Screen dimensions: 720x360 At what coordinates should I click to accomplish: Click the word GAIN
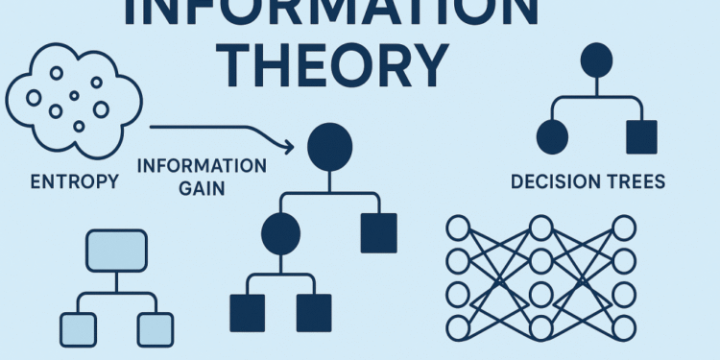(x=202, y=188)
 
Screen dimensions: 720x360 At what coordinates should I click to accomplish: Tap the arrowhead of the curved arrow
(x=287, y=146)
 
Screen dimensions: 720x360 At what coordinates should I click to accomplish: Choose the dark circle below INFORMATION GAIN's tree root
(x=280, y=234)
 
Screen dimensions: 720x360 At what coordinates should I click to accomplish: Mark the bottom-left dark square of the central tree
(x=247, y=312)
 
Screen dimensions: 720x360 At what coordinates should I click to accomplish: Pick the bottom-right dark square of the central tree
(x=313, y=312)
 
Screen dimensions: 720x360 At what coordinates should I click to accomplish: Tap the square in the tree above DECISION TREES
(x=641, y=137)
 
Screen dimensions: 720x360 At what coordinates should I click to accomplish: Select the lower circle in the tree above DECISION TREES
(x=554, y=137)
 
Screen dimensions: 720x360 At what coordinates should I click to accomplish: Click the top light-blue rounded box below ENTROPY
(x=115, y=251)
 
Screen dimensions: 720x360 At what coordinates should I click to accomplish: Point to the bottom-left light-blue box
(x=76, y=329)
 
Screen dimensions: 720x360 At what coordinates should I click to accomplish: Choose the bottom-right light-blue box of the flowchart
(x=155, y=329)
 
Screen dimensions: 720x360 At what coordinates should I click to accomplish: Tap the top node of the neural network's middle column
(x=540, y=228)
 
